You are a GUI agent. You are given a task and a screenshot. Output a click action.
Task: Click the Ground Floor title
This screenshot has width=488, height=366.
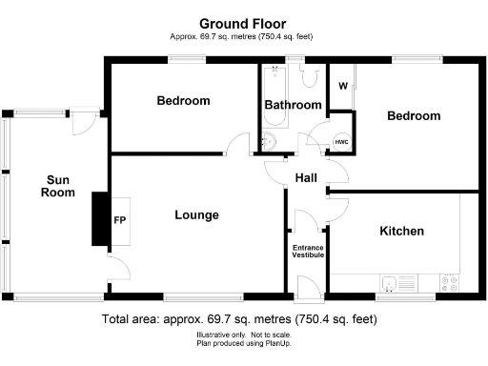[242, 23]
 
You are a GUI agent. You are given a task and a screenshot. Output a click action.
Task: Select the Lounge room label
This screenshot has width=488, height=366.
[196, 215]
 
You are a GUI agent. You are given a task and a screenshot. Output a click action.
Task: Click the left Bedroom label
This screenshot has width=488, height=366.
[183, 101]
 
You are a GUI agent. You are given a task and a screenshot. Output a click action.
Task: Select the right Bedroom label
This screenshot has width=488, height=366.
[413, 115]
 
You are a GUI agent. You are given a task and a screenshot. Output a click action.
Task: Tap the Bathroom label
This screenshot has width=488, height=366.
[292, 105]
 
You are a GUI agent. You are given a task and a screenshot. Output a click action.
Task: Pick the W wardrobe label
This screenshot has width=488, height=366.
[341, 85]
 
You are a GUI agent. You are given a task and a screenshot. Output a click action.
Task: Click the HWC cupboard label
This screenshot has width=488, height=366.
[341, 141]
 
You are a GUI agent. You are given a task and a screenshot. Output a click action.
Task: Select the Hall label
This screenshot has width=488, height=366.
[305, 178]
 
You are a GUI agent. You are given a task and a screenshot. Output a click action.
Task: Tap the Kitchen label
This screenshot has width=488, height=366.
[401, 232]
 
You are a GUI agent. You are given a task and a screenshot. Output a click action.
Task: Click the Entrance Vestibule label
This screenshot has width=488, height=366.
[307, 252]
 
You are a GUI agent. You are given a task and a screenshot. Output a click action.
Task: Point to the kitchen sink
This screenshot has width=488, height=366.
[390, 283]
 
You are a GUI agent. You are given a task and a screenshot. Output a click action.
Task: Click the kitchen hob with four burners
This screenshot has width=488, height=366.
[449, 283]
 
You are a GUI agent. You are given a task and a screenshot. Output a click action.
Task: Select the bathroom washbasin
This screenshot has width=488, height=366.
[268, 143]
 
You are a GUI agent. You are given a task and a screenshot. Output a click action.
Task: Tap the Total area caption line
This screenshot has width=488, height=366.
[242, 319]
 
